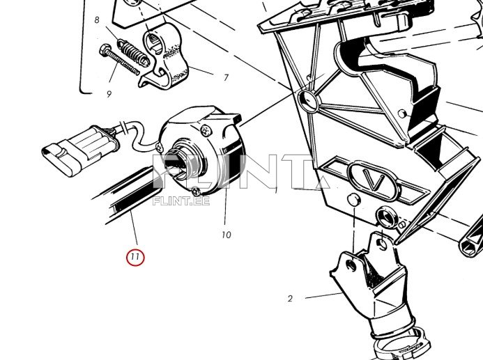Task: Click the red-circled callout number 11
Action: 135,257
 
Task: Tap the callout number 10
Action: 226,235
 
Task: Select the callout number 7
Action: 226,77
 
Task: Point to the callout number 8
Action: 97,20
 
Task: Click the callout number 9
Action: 109,94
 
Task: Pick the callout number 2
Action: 290,299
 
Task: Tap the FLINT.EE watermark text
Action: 181,201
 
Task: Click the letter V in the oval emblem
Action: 376,180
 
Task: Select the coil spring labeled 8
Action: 133,52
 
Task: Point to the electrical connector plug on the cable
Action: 79,151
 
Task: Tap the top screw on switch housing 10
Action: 206,130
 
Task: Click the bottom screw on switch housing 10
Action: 196,191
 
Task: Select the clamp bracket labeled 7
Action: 163,58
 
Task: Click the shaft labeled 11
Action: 130,194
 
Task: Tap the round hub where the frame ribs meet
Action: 309,100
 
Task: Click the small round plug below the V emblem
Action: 353,200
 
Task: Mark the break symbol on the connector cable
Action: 123,127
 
